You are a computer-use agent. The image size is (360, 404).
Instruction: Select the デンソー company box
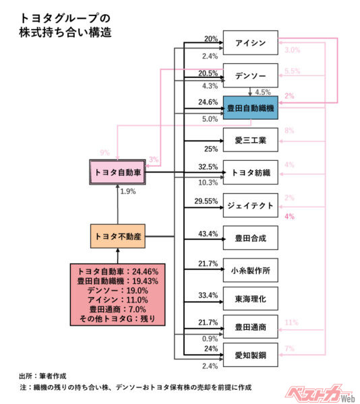(x=249, y=75)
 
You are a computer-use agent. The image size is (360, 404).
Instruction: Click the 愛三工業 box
(x=249, y=141)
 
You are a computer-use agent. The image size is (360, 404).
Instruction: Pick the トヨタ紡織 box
(x=249, y=173)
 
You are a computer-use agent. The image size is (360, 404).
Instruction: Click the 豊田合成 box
(x=249, y=238)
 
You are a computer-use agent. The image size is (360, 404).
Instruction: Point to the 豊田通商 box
(x=249, y=327)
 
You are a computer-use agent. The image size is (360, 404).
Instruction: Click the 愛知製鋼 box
(x=249, y=353)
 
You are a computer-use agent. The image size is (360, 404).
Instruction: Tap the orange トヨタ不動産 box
(x=118, y=236)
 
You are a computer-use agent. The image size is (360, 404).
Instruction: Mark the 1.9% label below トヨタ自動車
(x=128, y=192)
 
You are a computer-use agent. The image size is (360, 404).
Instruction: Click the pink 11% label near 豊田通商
(x=291, y=323)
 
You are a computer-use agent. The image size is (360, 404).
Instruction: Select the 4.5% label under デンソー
(x=263, y=92)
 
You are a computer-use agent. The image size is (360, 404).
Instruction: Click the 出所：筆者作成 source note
(x=44, y=374)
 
